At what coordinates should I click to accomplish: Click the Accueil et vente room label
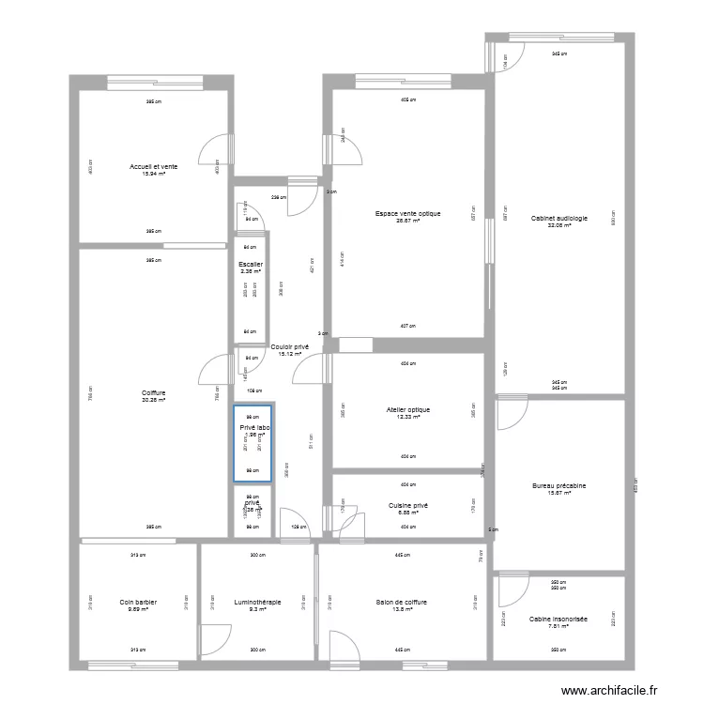click(x=153, y=166)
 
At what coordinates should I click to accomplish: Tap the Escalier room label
click(x=251, y=265)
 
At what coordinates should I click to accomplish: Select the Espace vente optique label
click(x=406, y=213)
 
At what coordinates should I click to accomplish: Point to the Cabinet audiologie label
click(x=559, y=218)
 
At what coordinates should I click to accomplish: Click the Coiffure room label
click(x=153, y=393)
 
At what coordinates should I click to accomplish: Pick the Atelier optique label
click(x=407, y=409)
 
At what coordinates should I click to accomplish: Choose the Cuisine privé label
click(x=407, y=505)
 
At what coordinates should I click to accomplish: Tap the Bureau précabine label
click(x=559, y=485)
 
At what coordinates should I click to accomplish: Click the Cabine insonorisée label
click(x=559, y=620)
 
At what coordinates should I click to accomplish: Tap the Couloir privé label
click(x=290, y=347)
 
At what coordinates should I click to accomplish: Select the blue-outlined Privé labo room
click(x=253, y=444)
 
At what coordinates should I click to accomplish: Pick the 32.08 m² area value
click(x=559, y=225)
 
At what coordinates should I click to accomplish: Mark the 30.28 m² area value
click(x=153, y=400)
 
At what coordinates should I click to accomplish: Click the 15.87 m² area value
click(x=559, y=493)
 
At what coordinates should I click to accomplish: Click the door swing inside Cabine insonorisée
click(x=512, y=591)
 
